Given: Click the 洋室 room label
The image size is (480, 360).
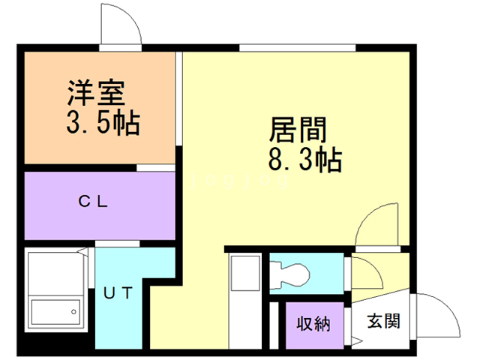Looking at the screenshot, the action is [96, 92].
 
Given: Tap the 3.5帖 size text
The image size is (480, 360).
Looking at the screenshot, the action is [103, 123].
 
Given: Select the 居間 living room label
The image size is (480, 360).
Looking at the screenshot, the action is [298, 130].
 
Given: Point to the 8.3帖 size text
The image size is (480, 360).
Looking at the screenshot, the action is [305, 160].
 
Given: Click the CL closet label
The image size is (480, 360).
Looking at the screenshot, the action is [93, 202].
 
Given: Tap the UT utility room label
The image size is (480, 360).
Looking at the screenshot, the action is [118, 293].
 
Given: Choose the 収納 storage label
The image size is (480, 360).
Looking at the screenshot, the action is [313, 324].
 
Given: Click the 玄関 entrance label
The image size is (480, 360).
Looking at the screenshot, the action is [384, 321].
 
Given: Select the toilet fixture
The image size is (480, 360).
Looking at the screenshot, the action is [290, 275].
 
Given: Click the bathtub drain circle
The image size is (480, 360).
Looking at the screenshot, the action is [73, 312].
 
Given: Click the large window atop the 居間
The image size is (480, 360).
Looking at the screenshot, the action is [297, 48].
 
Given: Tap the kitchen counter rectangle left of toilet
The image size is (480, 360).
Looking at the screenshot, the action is [245, 273].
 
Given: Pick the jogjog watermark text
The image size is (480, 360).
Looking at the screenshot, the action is [239, 179].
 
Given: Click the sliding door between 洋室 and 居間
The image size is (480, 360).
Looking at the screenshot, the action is [179, 98].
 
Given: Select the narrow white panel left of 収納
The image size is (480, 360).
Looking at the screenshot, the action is [274, 325].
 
